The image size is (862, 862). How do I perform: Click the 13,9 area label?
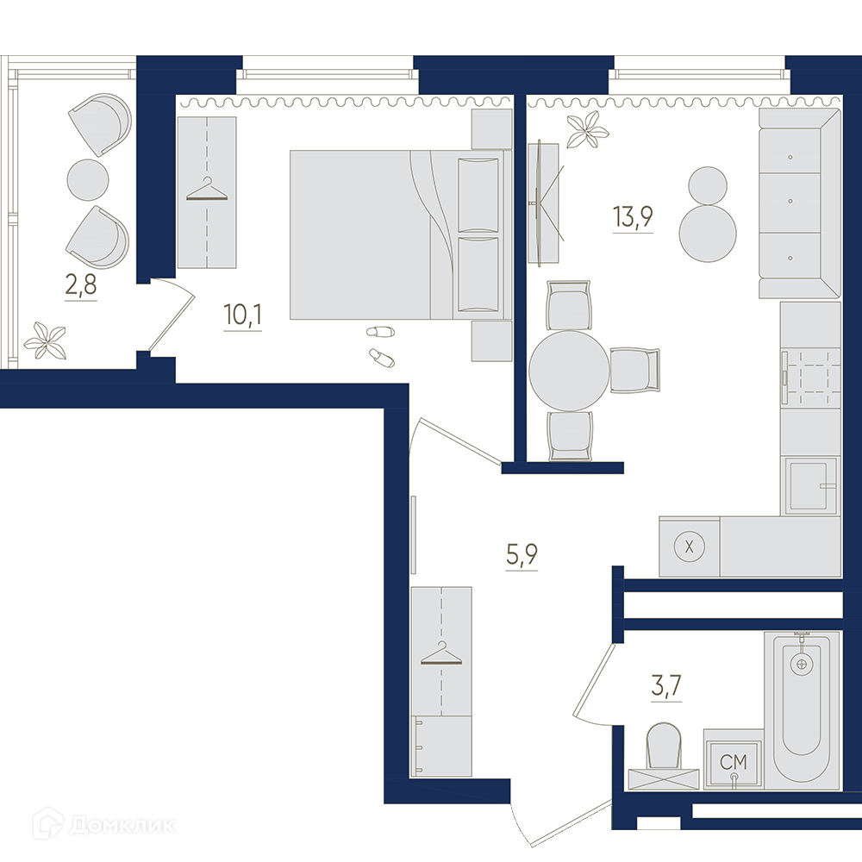633,216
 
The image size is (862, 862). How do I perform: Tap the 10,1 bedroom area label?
242,315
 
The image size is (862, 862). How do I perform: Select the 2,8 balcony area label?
81,285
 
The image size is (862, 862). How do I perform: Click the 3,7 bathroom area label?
666,685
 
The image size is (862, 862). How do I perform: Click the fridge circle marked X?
689,547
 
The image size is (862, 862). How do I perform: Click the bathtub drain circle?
801,664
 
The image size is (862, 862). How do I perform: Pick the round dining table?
570,371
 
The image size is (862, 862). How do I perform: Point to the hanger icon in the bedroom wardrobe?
207,190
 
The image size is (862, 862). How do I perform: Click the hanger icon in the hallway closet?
440,653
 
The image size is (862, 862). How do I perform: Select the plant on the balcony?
46,340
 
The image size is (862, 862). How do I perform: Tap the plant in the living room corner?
588,129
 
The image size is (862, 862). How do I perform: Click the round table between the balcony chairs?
87,180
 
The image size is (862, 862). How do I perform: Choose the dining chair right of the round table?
635,371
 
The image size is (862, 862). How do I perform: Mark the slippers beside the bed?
380,345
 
